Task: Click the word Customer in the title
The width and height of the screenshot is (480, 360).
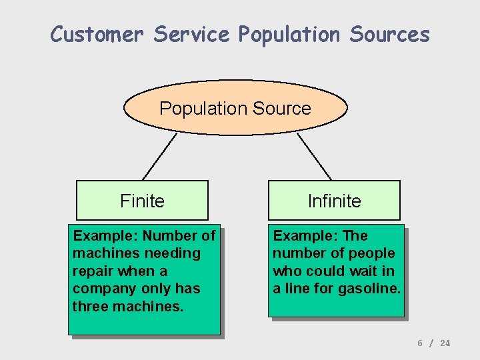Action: (x=97, y=34)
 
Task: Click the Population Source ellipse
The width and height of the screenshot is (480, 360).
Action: (x=235, y=108)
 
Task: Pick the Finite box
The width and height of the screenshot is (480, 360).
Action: (x=142, y=201)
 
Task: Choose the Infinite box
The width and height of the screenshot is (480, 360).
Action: (x=334, y=201)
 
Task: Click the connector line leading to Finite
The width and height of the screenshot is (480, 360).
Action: (x=160, y=157)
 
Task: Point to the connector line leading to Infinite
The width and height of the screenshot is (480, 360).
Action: (x=314, y=157)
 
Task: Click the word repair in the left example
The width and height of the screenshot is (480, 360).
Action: (x=93, y=271)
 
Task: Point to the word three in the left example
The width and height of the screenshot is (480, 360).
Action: (x=89, y=306)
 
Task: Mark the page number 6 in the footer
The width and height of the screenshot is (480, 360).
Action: (x=420, y=343)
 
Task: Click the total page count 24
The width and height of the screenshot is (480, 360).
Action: (x=445, y=343)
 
